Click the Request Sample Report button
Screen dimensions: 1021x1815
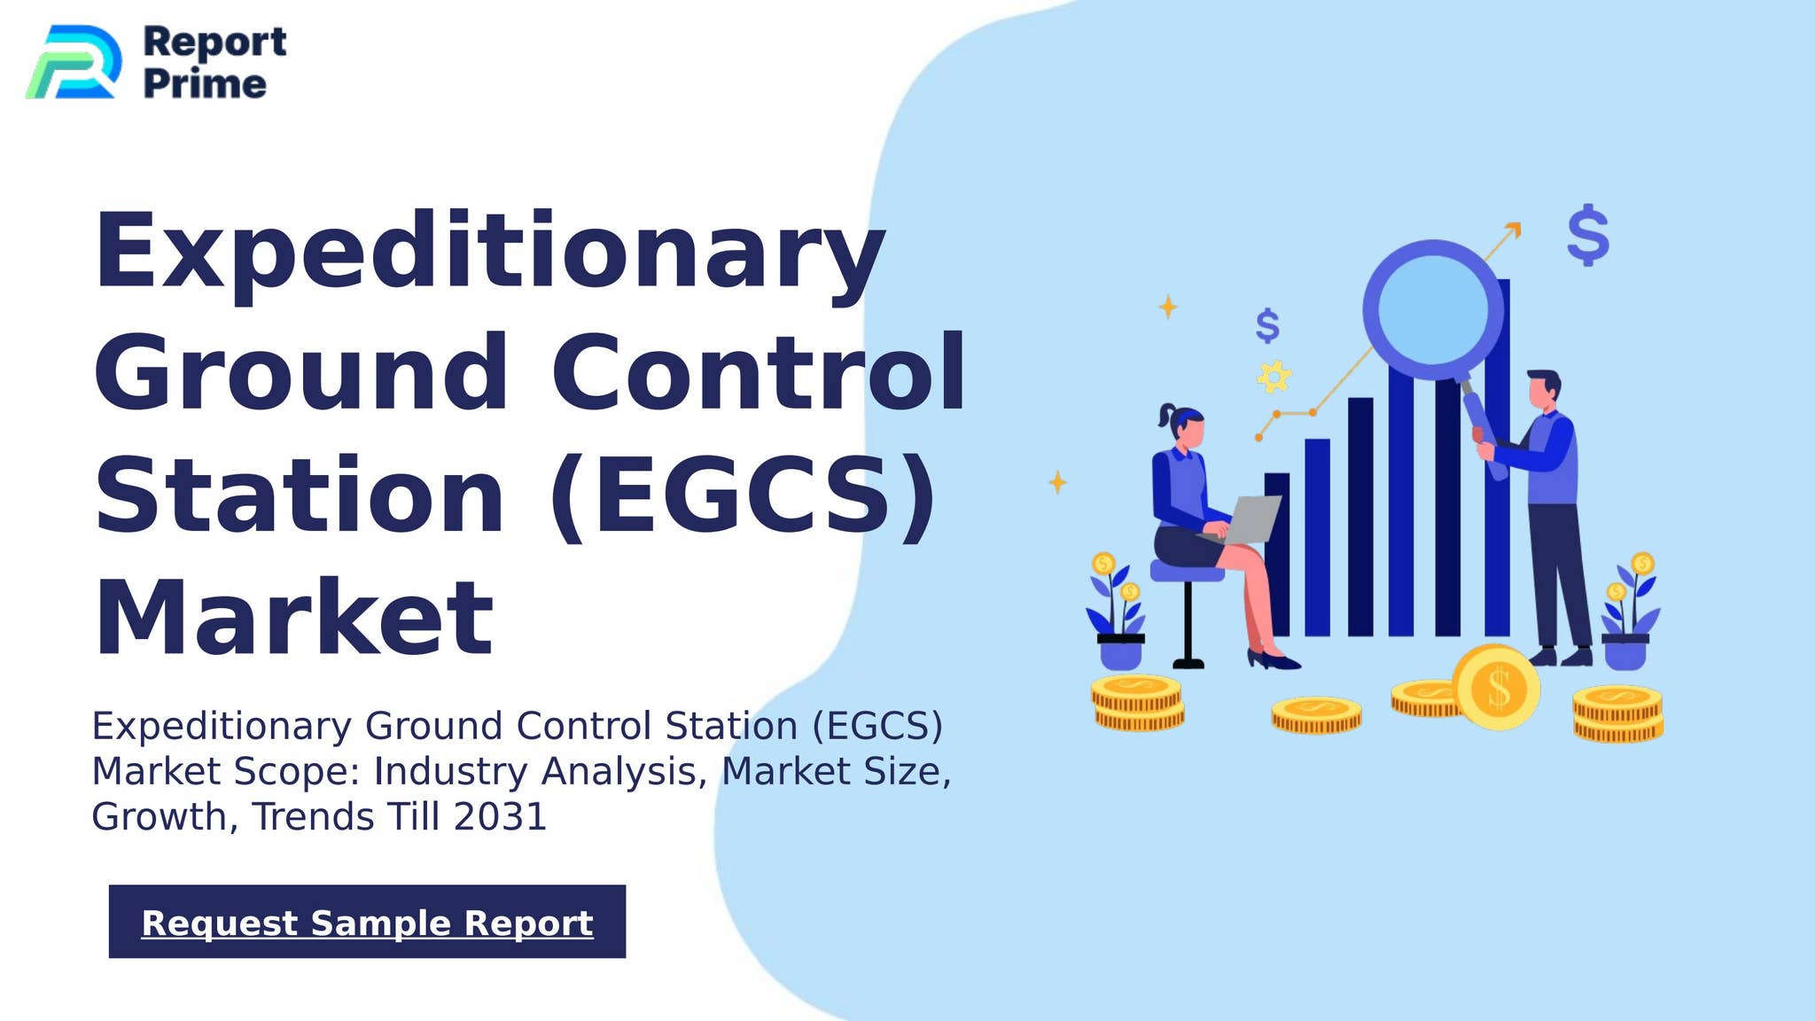367,922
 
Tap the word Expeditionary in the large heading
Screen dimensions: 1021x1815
489,253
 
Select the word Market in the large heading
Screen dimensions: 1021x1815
293,618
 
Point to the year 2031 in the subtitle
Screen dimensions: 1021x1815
500,817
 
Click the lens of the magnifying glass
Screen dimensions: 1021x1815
1433,308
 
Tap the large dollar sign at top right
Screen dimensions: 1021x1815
1587,235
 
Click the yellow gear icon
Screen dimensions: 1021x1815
1274,378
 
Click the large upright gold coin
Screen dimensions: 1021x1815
1497,688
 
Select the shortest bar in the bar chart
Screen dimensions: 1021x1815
1277,554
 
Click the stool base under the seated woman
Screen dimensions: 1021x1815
1188,661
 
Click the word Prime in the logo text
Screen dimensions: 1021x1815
204,84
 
